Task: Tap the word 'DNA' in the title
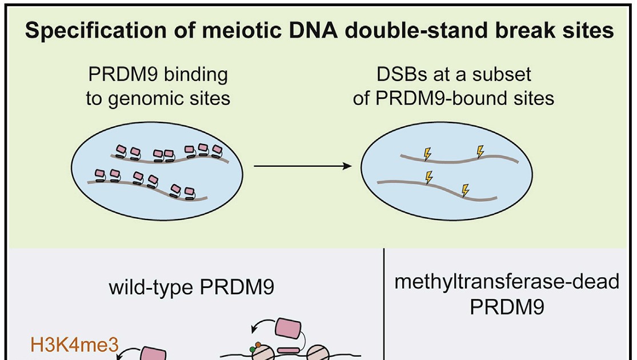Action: click(313, 30)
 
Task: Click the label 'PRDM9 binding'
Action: click(158, 75)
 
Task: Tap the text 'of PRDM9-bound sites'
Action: click(454, 98)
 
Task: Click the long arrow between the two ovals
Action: click(303, 166)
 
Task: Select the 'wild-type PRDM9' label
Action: click(191, 287)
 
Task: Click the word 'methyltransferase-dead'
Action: click(507, 282)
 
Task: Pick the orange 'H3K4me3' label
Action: click(74, 345)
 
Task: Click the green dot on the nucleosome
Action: click(253, 349)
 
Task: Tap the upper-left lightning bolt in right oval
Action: click(427, 154)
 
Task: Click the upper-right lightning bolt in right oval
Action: click(480, 151)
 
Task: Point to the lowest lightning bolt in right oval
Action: click(466, 190)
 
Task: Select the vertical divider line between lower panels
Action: click(383, 305)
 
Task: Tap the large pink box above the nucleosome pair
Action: click(289, 329)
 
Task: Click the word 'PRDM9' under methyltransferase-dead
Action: click(507, 307)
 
